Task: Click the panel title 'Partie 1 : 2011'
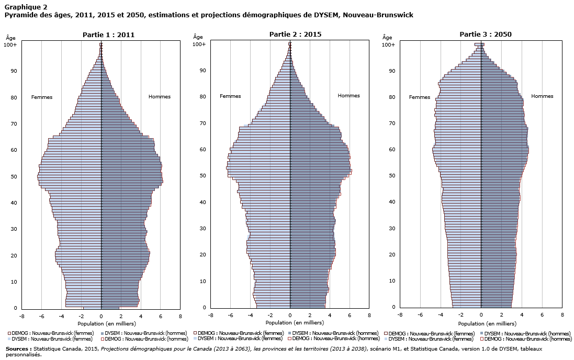tap(108, 35)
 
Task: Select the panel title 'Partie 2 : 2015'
tap(295, 35)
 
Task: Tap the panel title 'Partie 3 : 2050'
tap(486, 35)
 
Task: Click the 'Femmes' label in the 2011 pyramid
tap(42, 97)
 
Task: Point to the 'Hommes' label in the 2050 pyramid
tap(542, 96)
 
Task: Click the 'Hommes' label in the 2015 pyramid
tap(348, 96)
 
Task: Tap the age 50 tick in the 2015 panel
tap(202, 176)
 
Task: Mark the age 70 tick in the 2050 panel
tap(392, 123)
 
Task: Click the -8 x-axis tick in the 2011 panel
tap(21, 316)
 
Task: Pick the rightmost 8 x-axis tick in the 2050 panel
tap(562, 316)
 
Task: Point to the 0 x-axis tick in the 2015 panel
tap(290, 316)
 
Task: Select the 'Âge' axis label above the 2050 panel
tap(387, 37)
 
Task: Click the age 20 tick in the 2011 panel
tap(14, 255)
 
